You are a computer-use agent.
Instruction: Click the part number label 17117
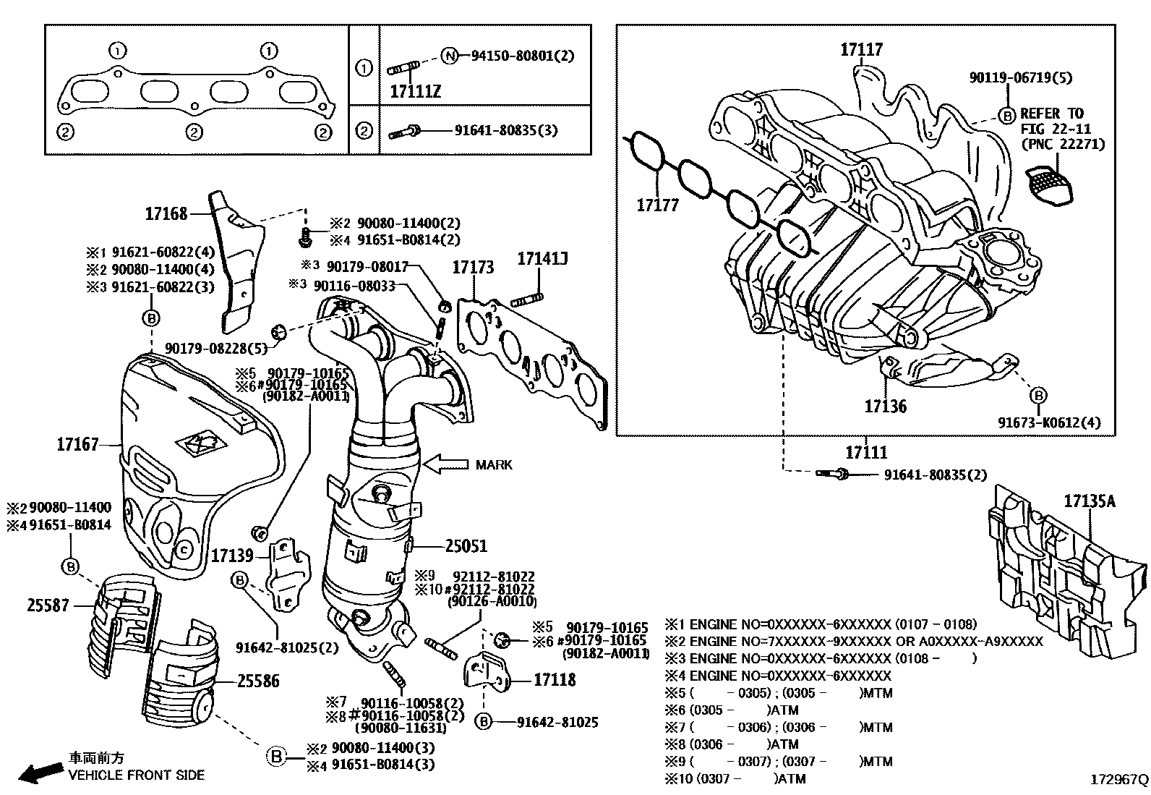coord(861,50)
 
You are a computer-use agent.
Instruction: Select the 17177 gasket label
coord(657,205)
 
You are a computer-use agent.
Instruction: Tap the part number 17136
coord(885,407)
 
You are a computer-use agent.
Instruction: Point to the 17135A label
coord(1089,501)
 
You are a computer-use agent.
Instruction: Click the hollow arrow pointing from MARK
coord(445,464)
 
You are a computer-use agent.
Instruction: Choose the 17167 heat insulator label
coord(77,444)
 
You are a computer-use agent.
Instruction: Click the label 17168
coord(166,213)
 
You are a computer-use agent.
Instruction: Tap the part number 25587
coord(48,605)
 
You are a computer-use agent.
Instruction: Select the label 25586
coord(258,681)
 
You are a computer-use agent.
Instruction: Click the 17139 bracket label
coord(232,556)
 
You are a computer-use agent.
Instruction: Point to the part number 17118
coord(555,680)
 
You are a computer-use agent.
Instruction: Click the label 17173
coord(473,268)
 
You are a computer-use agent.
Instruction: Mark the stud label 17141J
coord(542,258)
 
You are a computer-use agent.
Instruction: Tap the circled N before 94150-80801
coord(450,56)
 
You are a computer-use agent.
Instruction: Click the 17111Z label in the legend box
coord(415,92)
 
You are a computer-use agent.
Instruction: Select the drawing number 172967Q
coord(1118,780)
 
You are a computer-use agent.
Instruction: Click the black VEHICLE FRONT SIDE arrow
coord(38,773)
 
